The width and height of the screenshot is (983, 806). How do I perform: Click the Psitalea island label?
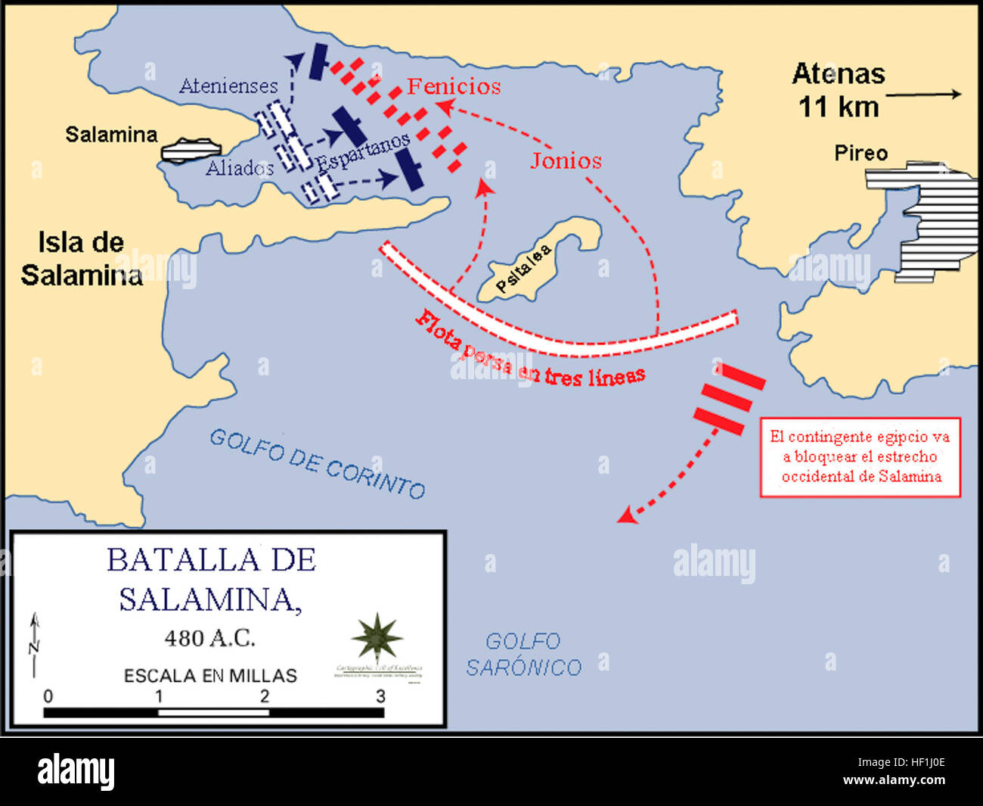click(524, 270)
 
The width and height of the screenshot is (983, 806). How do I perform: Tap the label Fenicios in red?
click(454, 86)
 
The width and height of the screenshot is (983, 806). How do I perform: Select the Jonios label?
click(566, 160)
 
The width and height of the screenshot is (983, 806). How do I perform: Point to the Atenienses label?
click(228, 86)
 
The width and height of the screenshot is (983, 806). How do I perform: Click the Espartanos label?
click(363, 151)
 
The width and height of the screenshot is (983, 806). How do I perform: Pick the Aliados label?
click(239, 167)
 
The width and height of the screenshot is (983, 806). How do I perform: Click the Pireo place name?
click(861, 153)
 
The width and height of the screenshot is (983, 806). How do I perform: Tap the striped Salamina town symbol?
click(189, 151)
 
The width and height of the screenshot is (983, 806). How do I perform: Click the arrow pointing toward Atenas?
click(924, 95)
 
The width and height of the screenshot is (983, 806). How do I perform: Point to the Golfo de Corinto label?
click(317, 463)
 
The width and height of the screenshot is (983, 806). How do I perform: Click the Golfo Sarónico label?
click(523, 655)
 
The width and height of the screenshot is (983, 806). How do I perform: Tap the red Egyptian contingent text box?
click(861, 457)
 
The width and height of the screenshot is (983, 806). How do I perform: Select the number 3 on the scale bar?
click(380, 696)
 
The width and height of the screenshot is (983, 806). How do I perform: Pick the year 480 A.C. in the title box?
click(210, 638)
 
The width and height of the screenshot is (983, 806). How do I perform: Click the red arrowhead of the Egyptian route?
click(625, 515)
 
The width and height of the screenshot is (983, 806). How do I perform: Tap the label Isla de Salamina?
click(81, 259)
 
